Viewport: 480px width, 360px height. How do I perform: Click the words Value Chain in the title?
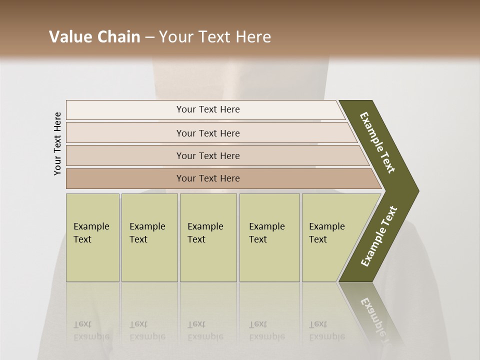(94, 36)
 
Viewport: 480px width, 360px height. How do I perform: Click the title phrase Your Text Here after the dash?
(214, 36)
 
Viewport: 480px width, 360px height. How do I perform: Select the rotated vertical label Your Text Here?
(57, 143)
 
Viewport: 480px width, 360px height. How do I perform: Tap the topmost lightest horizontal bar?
(125, 109)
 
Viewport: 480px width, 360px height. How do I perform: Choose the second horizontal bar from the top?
(125, 133)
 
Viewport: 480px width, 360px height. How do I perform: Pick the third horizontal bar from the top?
(125, 155)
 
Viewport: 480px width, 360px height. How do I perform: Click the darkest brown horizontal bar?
(125, 178)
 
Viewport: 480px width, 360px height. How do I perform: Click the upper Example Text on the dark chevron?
(377, 142)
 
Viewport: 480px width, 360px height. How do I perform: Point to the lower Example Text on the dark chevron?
(378, 236)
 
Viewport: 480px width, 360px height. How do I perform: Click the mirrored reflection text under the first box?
(91, 330)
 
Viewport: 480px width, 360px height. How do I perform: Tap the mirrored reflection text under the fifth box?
(326, 330)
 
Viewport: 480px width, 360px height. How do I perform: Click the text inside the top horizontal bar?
(208, 109)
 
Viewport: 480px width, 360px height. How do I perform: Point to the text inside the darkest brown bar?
(208, 178)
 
